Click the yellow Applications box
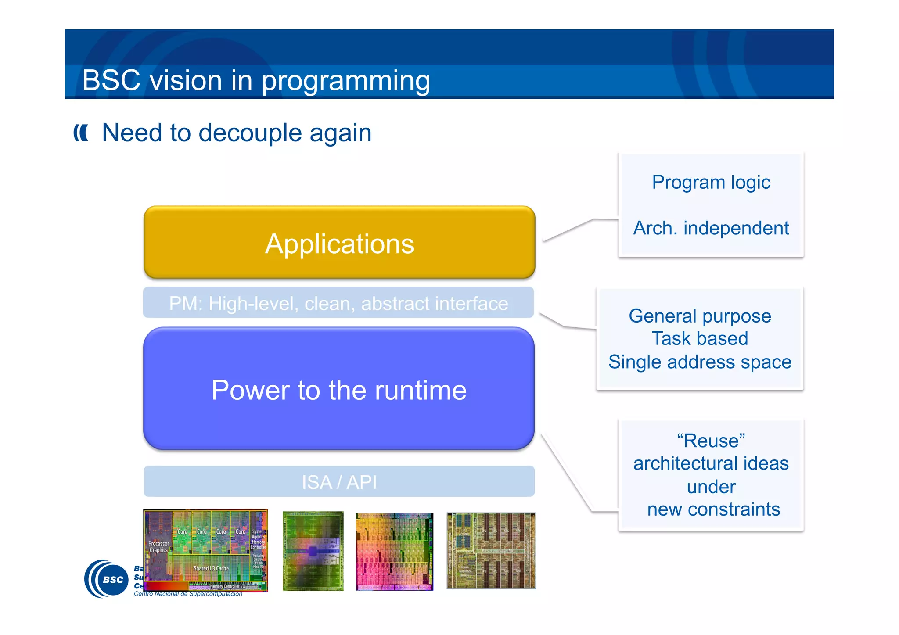(x=339, y=242)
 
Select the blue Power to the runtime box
(x=339, y=389)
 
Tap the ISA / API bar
(x=339, y=482)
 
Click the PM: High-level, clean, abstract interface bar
(x=338, y=303)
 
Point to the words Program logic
(x=711, y=182)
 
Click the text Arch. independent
(x=711, y=228)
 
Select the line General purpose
(x=700, y=316)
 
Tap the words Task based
(x=700, y=339)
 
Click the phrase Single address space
(x=700, y=362)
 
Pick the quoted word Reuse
(x=711, y=441)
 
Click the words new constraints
(x=713, y=509)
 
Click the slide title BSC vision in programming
(x=256, y=80)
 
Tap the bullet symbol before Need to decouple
(x=81, y=133)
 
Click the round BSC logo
(x=107, y=579)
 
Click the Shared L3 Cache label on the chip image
(x=211, y=568)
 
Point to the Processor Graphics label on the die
(x=158, y=547)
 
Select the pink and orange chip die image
(x=394, y=551)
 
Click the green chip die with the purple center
(x=313, y=551)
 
